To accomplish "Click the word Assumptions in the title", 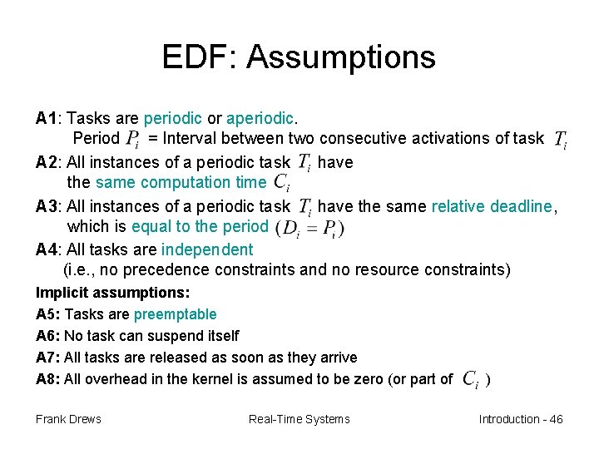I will point(341,57).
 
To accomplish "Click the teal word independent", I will point(207,249).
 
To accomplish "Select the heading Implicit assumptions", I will point(113,293).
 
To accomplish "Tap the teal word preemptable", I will point(175,314).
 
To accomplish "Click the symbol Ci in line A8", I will point(470,380).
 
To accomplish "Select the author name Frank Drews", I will point(68,419).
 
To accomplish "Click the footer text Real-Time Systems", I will point(299,419).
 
